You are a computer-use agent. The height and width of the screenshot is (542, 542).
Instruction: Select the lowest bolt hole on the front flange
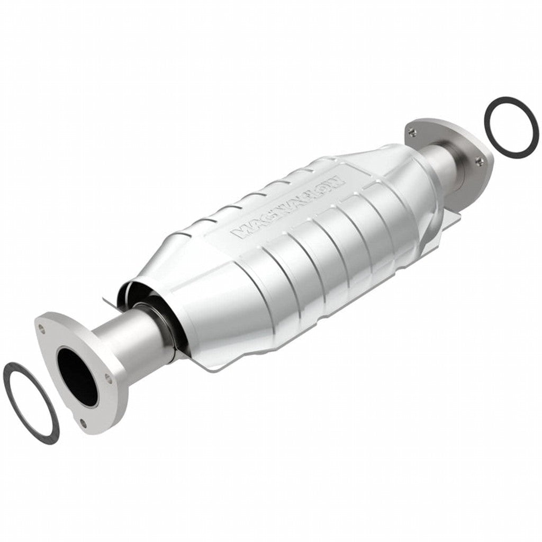pos(83,422)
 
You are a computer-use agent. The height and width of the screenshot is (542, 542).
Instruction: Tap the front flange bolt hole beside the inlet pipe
pos(109,377)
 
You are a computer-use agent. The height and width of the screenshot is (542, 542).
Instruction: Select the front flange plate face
pos(58,344)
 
